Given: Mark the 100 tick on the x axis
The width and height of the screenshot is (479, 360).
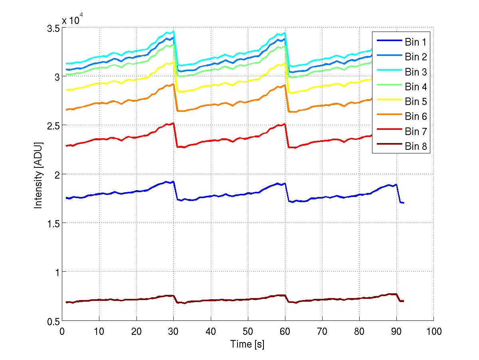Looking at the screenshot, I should click(433, 331).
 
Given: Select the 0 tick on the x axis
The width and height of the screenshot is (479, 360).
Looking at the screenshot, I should click(62, 331).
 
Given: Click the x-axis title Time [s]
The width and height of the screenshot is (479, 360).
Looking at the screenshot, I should click(247, 344).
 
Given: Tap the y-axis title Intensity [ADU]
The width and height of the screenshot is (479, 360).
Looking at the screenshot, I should click(39, 175).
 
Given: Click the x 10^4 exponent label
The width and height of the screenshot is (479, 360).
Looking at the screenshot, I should click(73, 20).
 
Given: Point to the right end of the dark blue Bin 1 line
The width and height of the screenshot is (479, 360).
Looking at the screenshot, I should click(404, 203).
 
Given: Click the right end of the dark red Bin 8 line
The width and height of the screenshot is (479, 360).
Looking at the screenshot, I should click(403, 301).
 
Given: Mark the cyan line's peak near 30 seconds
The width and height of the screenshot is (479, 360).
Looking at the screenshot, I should click(173, 32).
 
